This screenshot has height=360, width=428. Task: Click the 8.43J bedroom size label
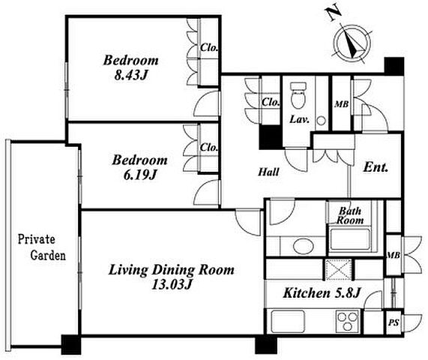tap(131, 75)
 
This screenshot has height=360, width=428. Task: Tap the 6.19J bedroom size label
tap(140, 175)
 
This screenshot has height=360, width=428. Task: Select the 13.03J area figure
tap(172, 284)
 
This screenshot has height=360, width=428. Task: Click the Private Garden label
tap(41, 247)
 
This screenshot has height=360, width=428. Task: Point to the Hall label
tap(268, 172)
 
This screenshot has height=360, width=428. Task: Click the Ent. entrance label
tap(376, 167)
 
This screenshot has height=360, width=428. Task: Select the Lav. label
tap(299, 119)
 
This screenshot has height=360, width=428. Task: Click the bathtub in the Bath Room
tap(350, 240)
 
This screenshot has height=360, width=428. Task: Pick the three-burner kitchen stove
tap(347, 321)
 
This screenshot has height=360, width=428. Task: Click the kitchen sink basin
tap(288, 322)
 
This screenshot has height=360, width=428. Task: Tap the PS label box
tap(394, 322)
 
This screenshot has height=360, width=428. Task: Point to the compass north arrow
tap(352, 43)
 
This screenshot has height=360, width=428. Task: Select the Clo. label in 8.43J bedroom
tap(209, 48)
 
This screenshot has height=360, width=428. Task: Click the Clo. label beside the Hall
tap(271, 103)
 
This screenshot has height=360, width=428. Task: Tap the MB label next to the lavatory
tap(342, 104)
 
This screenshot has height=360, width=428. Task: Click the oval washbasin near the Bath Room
tap(303, 245)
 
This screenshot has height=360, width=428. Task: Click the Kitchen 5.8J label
tap(322, 293)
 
